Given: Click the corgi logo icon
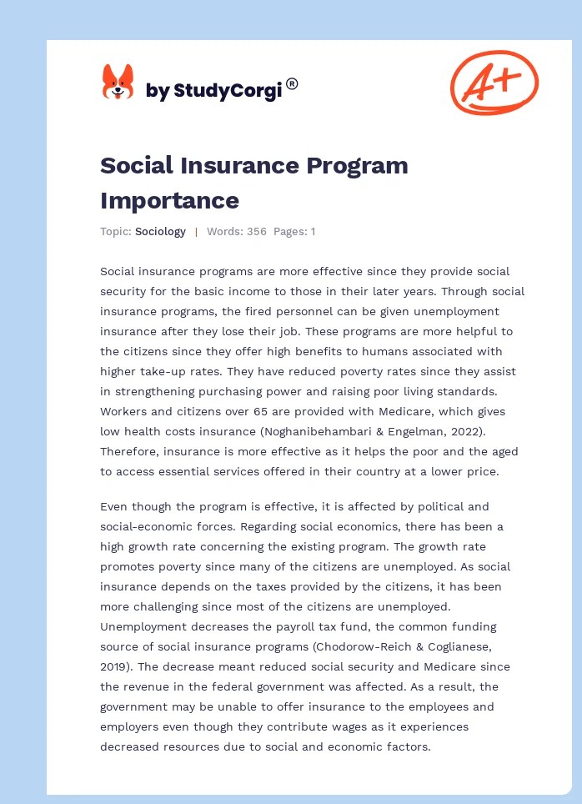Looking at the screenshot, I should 118,83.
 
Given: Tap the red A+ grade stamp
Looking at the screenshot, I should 494,82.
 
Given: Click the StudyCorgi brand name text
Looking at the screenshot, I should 213,90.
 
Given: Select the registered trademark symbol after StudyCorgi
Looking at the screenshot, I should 292,83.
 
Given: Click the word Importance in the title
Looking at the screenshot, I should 169,200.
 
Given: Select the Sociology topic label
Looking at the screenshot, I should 160,232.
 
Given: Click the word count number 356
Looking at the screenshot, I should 256,232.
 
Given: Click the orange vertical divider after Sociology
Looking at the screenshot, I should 196,232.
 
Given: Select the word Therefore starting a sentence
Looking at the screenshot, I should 129,451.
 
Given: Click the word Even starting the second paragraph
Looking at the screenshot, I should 114,506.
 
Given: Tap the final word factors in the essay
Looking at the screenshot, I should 406,746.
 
